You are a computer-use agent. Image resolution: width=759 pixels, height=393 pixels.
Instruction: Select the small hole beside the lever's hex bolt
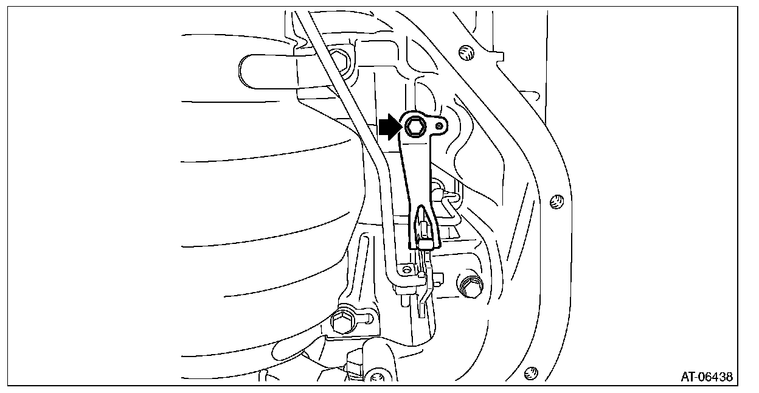pos(440,125)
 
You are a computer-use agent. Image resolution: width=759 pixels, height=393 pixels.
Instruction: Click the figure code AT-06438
pos(707,377)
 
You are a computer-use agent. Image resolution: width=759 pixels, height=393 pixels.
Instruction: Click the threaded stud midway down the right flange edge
pos(555,202)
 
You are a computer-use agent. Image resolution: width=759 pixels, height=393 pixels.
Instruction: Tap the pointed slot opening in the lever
pos(424,219)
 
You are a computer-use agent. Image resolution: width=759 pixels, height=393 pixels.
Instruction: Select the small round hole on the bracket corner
pos(407,268)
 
